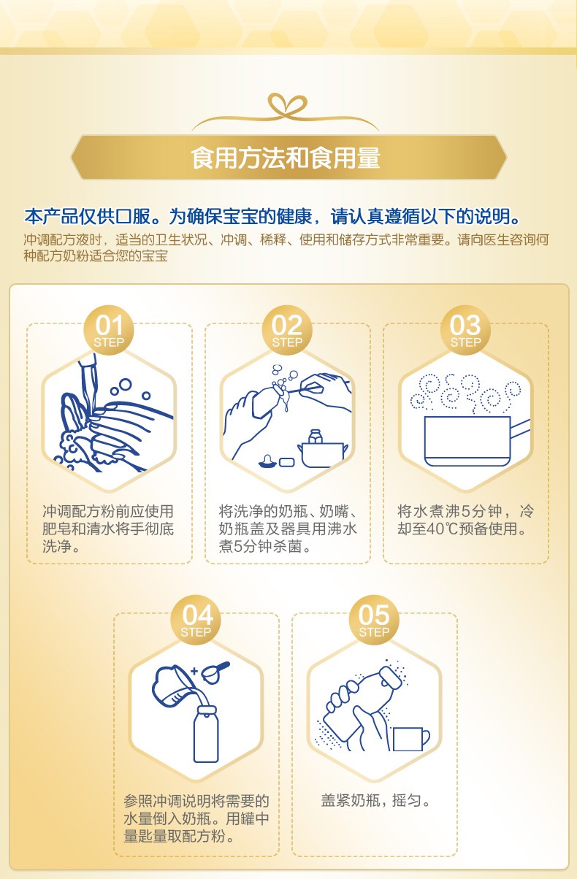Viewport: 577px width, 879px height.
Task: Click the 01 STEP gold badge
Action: point(109,330)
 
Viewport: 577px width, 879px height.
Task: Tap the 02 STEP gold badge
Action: point(287,330)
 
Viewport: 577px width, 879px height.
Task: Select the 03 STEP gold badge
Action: point(465,330)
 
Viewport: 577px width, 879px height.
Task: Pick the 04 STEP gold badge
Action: point(196,620)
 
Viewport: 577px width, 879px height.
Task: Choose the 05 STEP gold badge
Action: point(374,620)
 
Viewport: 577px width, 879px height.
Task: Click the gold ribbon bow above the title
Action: point(286,107)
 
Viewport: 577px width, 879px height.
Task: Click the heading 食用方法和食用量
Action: point(286,158)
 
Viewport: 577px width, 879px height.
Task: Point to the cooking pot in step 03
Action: point(467,441)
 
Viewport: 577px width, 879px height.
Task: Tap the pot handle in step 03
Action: point(520,429)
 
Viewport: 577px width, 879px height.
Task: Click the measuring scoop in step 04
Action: point(215,672)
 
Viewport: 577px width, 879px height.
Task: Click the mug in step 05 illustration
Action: point(411,739)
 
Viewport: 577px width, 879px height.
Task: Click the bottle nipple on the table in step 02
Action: point(268,461)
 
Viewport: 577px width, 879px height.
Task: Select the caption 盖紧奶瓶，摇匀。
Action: point(375,800)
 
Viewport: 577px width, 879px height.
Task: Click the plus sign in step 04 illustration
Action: point(194,671)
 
